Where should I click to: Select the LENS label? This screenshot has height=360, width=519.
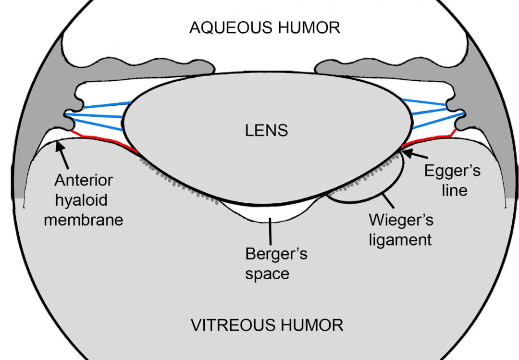pyautogui.click(x=267, y=130)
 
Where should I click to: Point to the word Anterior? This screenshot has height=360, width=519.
pyautogui.click(x=84, y=181)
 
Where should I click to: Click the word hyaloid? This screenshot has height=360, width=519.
pyautogui.click(x=83, y=200)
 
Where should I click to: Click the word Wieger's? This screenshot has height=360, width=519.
pyautogui.click(x=401, y=220)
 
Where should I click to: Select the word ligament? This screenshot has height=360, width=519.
pyautogui.click(x=400, y=239)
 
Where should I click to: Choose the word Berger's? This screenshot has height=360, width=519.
pyautogui.click(x=276, y=254)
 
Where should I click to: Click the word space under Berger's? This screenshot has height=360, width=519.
pyautogui.click(x=268, y=273)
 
